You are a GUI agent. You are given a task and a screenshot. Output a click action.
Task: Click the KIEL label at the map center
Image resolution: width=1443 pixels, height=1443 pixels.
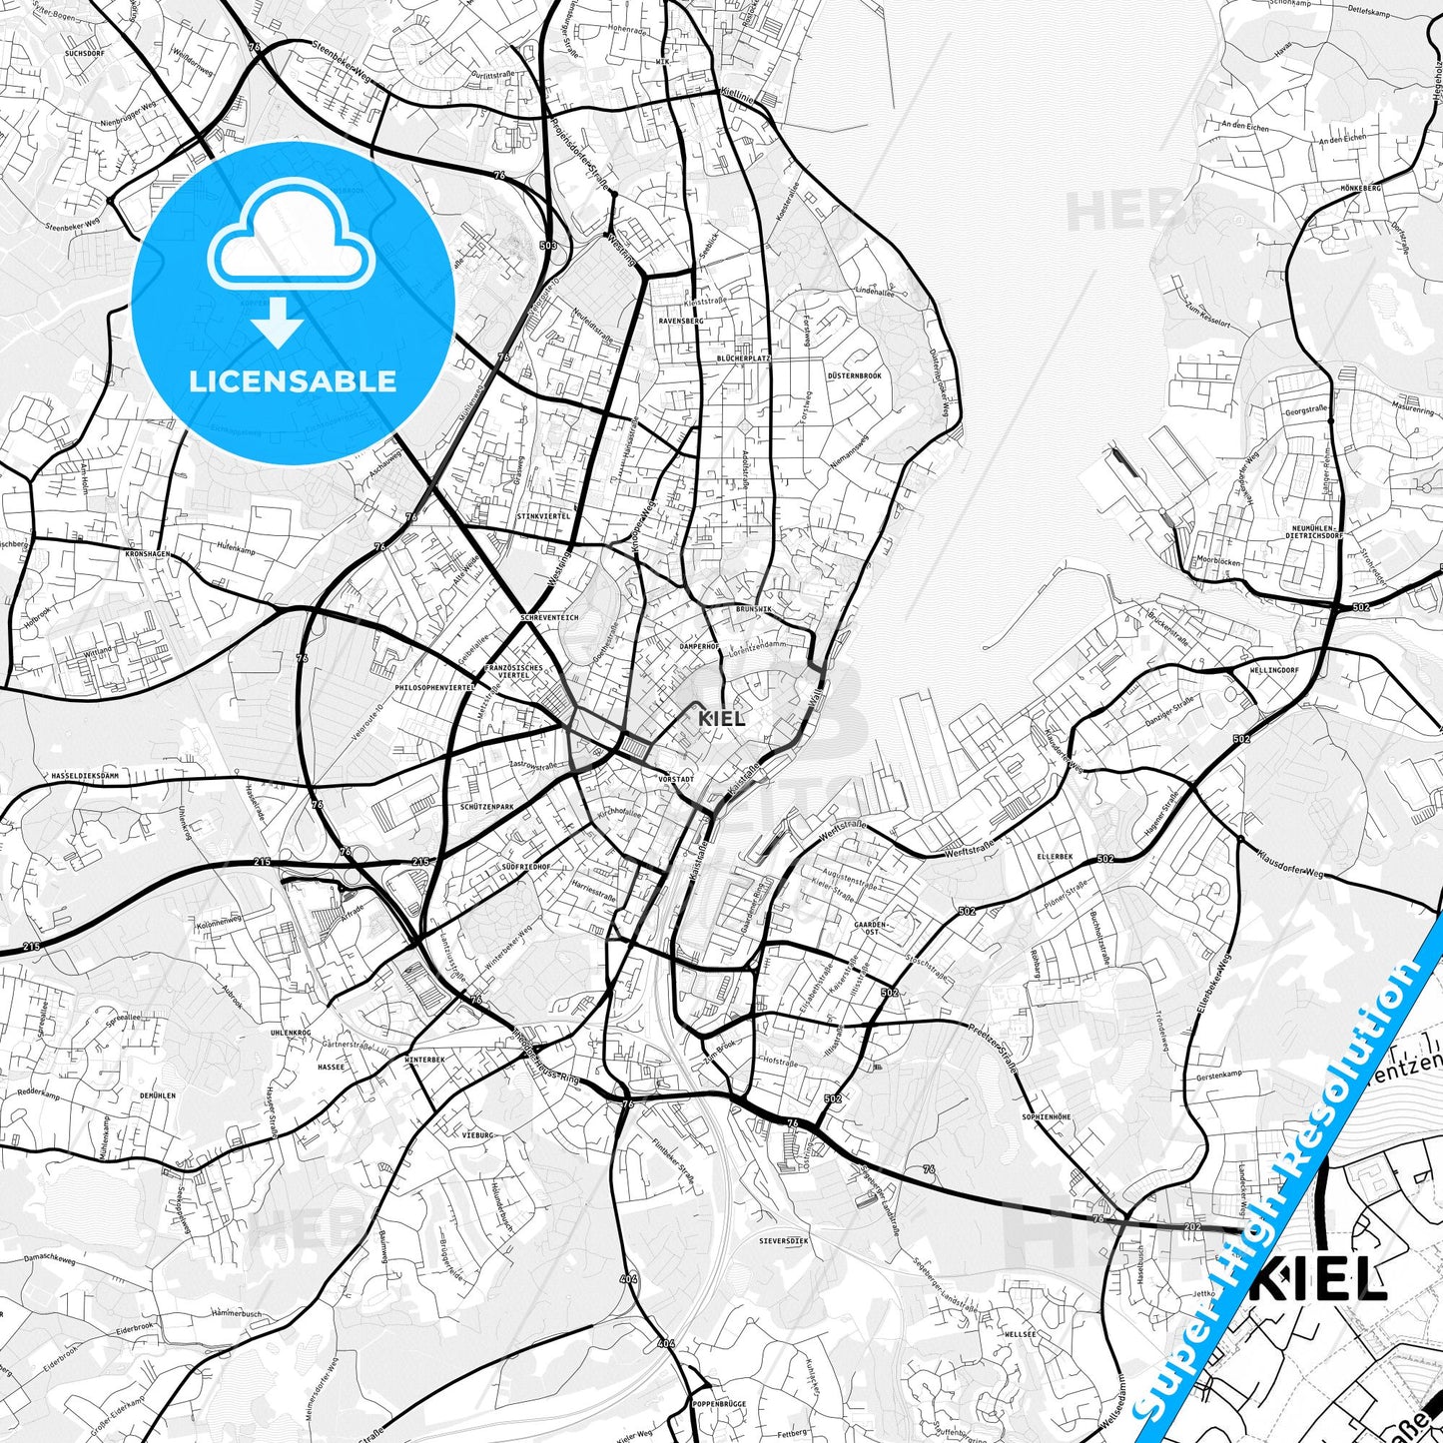(721, 718)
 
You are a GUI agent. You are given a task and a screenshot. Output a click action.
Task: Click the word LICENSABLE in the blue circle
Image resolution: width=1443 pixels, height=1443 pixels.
(294, 381)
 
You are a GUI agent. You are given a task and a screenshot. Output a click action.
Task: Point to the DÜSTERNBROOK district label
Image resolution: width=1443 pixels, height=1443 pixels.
(854, 375)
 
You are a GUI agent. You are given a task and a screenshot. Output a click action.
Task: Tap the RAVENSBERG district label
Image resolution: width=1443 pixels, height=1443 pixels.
(680, 321)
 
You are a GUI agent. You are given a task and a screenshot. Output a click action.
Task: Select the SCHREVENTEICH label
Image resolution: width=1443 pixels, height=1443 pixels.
(548, 618)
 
